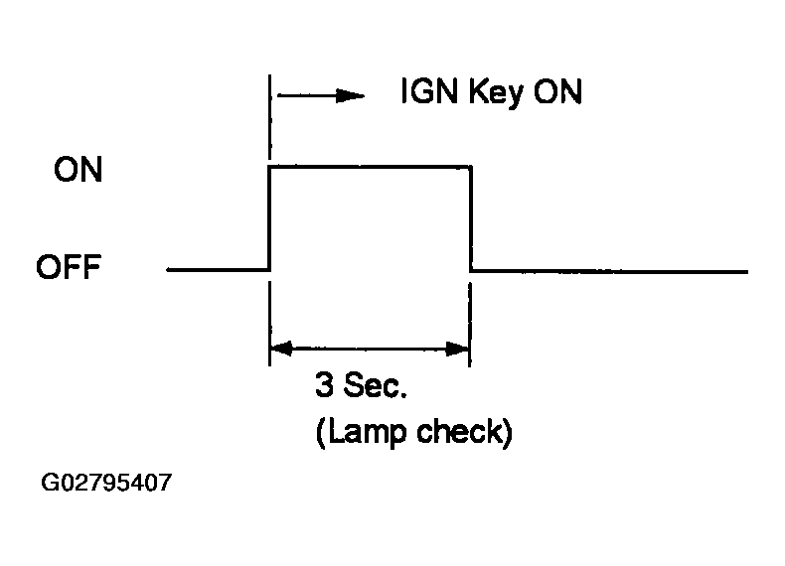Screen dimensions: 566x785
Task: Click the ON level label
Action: tap(78, 171)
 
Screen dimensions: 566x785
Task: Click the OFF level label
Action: tap(69, 268)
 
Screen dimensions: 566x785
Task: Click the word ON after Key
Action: tap(557, 93)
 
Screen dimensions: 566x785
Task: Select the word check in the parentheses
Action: tap(468, 435)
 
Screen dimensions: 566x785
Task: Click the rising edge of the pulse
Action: tap(270, 218)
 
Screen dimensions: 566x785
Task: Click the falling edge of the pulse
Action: tap(470, 218)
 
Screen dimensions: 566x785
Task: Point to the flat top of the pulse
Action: tap(370, 167)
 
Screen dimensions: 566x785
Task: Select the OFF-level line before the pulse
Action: tap(219, 269)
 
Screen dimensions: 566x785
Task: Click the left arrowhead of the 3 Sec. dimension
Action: tap(280, 349)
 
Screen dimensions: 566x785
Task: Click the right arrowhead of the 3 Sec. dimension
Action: tap(460, 349)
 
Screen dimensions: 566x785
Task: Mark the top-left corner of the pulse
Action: tap(270, 167)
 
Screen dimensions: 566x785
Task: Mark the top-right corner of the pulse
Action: tap(470, 167)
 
